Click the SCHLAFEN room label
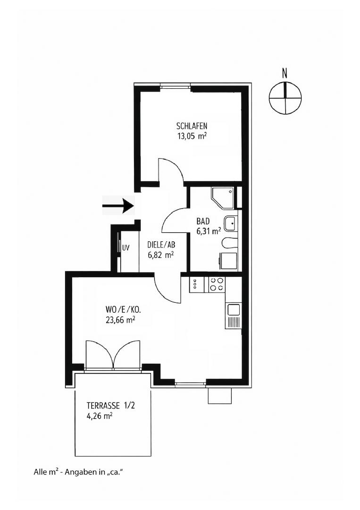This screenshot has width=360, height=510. pos(192,126)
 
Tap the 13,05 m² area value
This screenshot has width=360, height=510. pos(192,136)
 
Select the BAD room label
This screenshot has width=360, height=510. pos(203,221)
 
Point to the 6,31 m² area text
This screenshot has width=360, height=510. pos(209,231)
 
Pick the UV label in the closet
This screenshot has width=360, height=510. pos(126,248)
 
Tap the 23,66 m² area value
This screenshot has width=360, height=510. pos(120,320)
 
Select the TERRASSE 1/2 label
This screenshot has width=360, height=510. pos(110,406)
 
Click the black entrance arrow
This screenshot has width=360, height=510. pos(118,206)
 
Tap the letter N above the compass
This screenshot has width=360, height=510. pos(285,74)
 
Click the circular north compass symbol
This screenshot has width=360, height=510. pos(285,98)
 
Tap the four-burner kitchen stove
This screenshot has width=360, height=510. pos(217,284)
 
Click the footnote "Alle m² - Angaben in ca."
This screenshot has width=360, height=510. pos(79,472)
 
